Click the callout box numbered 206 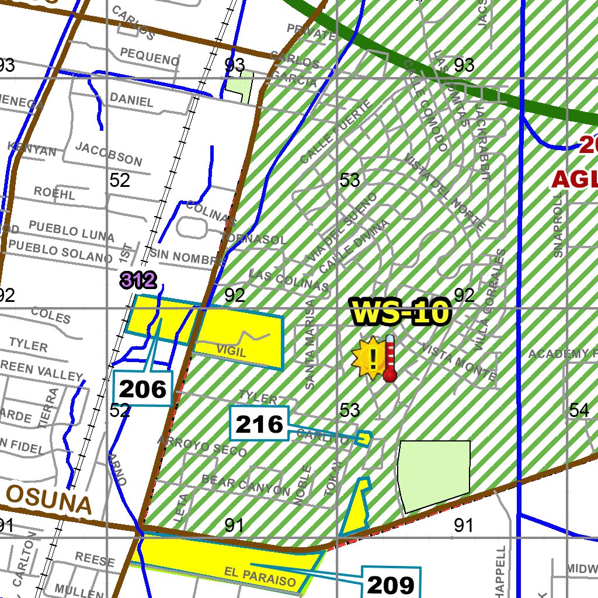click(x=143, y=388)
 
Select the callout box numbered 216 click(x=260, y=423)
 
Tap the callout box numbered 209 click(x=391, y=583)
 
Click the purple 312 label click(x=138, y=281)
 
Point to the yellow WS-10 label click(x=401, y=312)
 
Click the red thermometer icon click(x=390, y=359)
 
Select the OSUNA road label click(x=50, y=501)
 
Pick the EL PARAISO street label click(x=260, y=578)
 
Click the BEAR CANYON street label click(x=245, y=484)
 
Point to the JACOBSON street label click(x=109, y=154)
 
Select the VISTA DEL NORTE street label click(x=444, y=192)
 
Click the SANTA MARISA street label click(x=310, y=345)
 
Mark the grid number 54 click(x=579, y=410)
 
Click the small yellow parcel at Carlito click(x=364, y=438)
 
